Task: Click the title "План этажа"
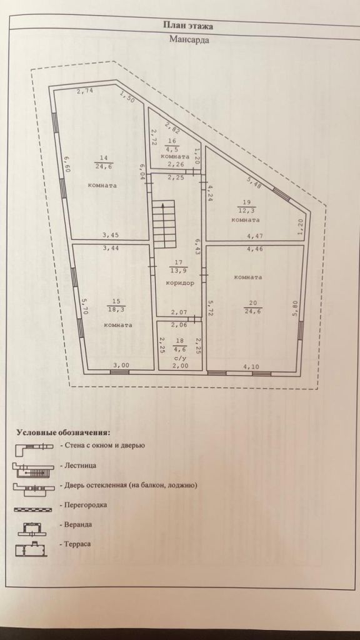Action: (188, 26)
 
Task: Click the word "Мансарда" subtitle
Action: (189, 39)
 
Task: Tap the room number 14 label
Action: (103, 157)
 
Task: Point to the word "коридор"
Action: (179, 283)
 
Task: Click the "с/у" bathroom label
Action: (181, 357)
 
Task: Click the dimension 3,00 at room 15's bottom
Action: (121, 366)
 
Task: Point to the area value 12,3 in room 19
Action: (246, 210)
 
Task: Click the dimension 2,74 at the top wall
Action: (85, 91)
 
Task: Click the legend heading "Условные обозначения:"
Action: (63, 432)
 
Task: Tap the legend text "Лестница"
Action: (79, 466)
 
